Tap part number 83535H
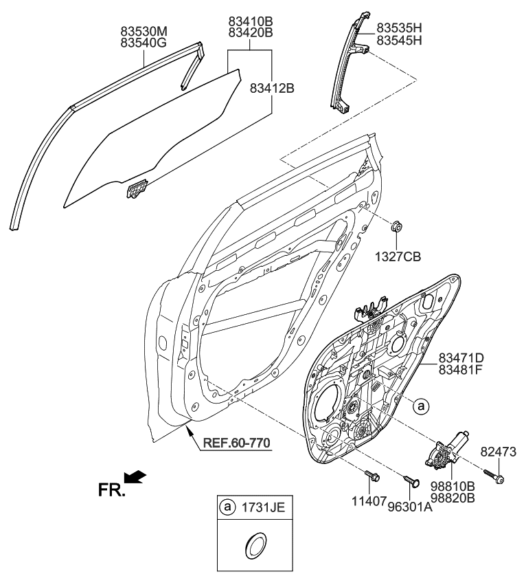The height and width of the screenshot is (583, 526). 399,29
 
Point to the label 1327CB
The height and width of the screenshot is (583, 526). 398,256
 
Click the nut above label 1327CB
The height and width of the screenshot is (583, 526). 397,228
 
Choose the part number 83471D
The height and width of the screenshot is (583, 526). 461,357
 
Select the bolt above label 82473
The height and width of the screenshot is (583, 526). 494,475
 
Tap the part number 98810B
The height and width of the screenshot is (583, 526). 453,486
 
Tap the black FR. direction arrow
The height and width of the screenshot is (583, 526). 135,476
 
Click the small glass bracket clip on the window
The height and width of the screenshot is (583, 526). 138,188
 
